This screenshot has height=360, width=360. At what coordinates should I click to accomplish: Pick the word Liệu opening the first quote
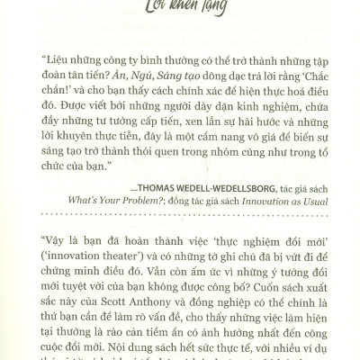tap(58, 67)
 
